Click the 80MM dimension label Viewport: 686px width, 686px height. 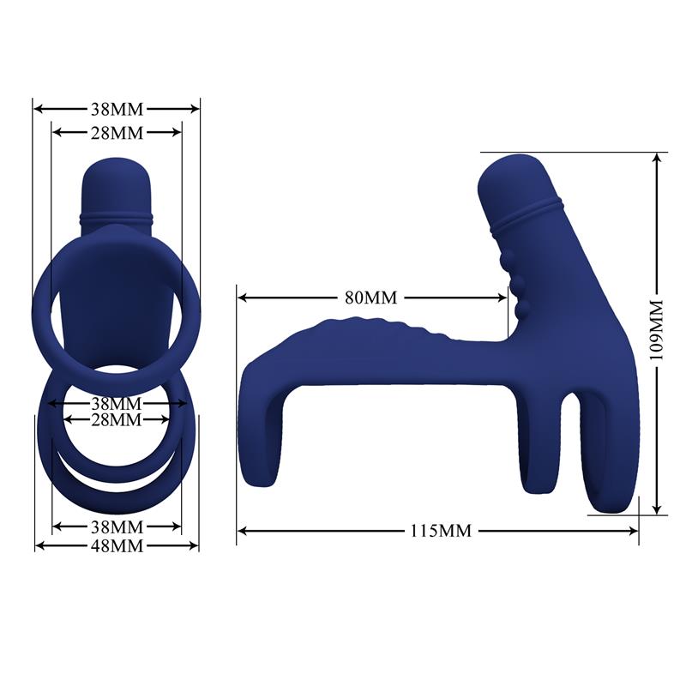pyautogui.click(x=371, y=298)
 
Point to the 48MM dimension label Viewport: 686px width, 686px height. pyautogui.click(x=117, y=545)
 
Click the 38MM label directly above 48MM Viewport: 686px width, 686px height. pyautogui.click(x=117, y=526)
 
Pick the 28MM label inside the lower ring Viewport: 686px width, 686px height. pyautogui.click(x=117, y=419)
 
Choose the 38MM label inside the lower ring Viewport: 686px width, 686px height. pyautogui.click(x=117, y=403)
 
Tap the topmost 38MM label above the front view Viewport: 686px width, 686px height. pyautogui.click(x=117, y=109)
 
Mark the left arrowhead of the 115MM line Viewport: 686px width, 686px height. pyautogui.click(x=242, y=530)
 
